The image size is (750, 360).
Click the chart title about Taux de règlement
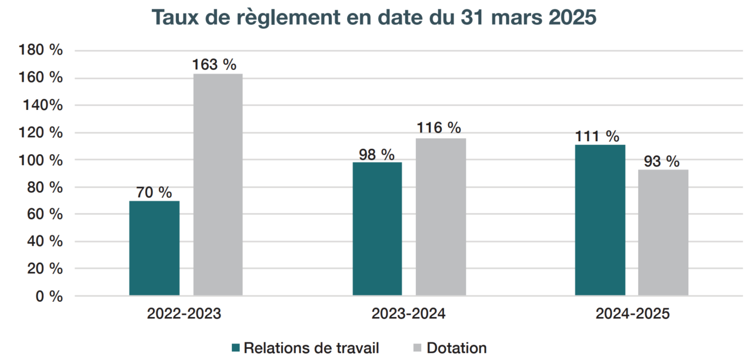375,18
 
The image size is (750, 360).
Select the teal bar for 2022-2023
154,248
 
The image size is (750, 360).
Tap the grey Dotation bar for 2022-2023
218,185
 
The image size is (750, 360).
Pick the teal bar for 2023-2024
377,229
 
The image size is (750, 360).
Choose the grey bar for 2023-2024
441,217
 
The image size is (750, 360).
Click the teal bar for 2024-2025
600,220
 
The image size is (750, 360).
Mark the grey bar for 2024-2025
663,232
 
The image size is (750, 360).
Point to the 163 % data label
214,65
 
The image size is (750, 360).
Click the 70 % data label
154,192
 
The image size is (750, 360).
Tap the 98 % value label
376,154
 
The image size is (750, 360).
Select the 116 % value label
439,128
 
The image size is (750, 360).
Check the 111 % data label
597,136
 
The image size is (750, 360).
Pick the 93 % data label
662,161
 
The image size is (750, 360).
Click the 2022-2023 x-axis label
184,314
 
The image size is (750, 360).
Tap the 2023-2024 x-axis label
408,314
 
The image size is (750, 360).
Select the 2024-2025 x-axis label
632,314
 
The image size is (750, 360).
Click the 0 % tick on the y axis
48,296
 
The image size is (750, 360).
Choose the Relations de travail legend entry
305,348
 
